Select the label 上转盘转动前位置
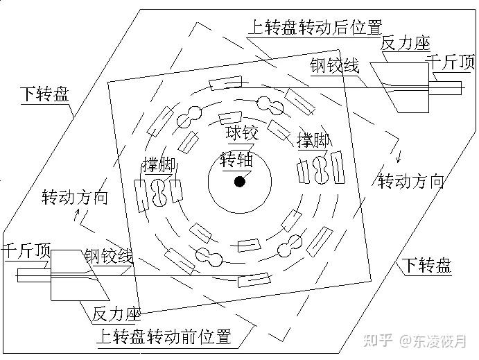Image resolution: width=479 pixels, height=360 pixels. (164, 338)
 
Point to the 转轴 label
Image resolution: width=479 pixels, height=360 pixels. (236, 159)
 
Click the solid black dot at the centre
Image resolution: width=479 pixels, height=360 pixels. (240, 182)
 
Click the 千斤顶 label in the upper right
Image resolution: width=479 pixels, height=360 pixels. (450, 63)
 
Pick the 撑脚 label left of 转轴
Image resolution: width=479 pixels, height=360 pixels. (158, 165)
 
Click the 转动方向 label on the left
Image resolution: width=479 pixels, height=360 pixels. (75, 197)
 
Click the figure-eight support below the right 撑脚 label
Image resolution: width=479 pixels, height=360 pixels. (321, 170)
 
